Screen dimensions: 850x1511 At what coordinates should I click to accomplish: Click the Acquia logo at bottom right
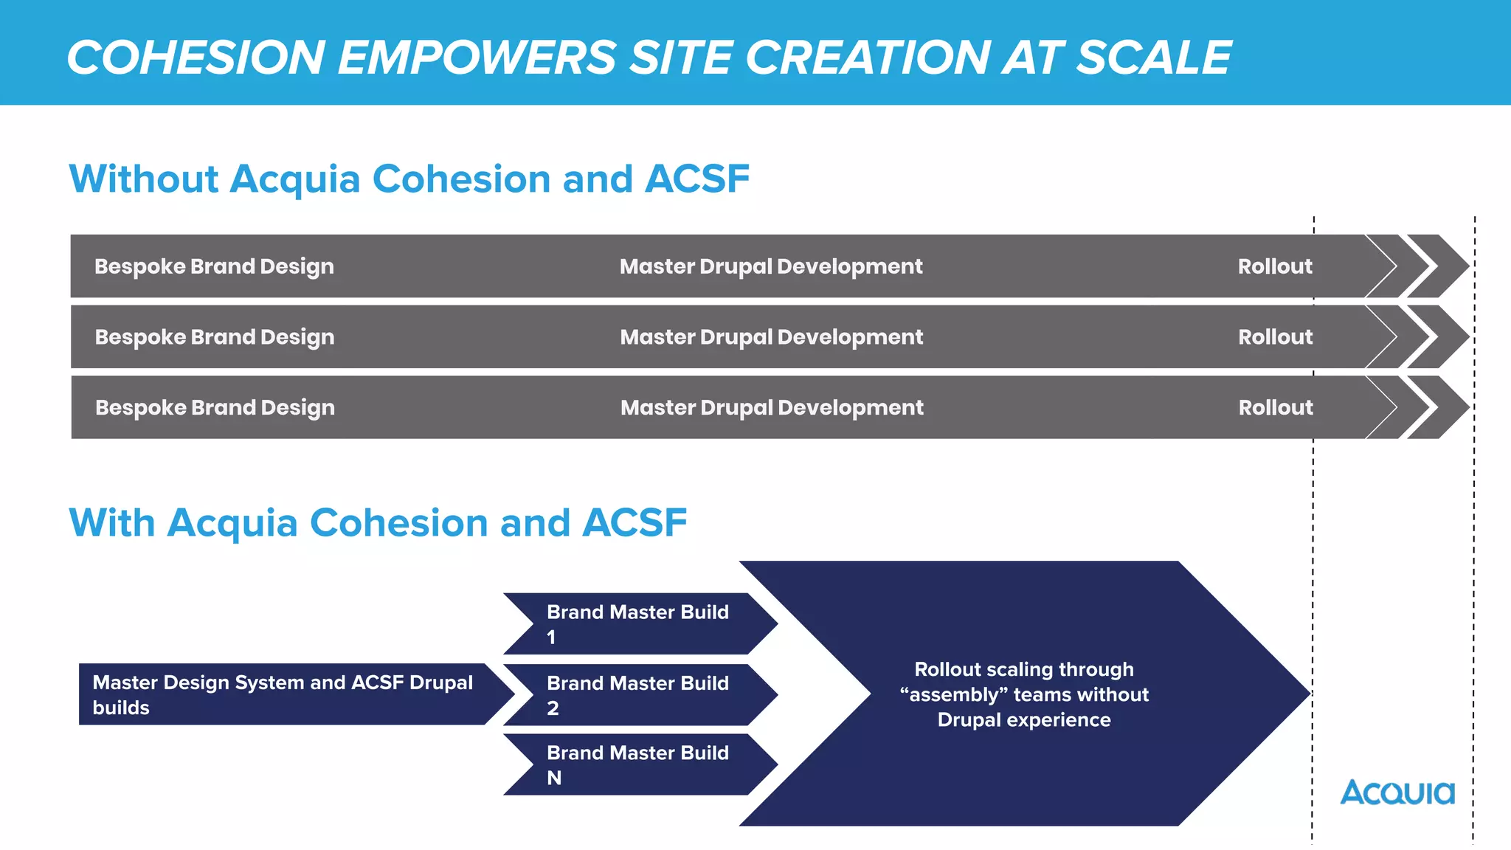point(1397,793)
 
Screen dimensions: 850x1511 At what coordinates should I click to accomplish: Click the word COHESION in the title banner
point(196,58)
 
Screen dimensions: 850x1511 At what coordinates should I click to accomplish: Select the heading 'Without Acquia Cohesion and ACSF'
point(409,179)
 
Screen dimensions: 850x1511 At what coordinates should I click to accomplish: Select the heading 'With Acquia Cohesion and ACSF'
point(378,523)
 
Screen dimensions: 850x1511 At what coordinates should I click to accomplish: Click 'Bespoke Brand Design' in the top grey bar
point(214,266)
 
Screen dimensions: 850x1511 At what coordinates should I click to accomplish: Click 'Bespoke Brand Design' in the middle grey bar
point(215,337)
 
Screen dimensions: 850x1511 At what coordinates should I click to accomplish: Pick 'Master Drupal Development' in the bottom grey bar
point(772,408)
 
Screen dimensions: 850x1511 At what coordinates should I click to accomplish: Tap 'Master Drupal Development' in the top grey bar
point(771,266)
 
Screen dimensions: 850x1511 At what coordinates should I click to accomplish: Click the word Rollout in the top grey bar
point(1275,266)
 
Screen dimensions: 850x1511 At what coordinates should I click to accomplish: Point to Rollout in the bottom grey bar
point(1276,408)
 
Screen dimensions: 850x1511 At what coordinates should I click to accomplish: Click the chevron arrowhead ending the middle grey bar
point(1439,337)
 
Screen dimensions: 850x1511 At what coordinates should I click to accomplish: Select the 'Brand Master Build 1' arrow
point(639,624)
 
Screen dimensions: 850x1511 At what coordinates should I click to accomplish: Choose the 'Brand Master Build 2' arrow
point(639,695)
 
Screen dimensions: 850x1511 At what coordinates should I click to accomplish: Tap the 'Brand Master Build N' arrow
point(639,765)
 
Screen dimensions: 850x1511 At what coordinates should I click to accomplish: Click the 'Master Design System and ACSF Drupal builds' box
point(283,694)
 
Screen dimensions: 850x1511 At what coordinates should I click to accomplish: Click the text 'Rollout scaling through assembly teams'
point(1024,683)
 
